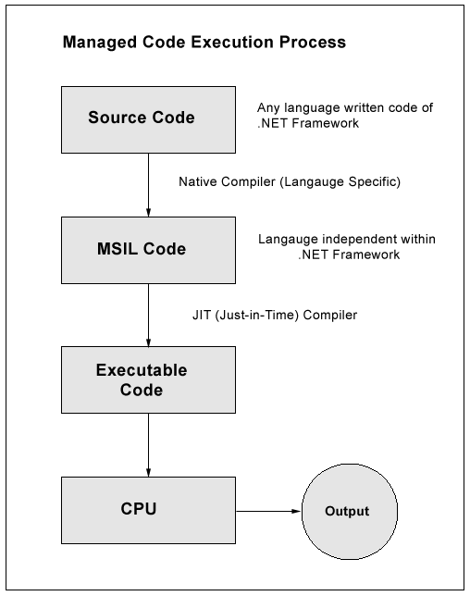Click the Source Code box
tap(142, 118)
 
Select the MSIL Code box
tap(142, 249)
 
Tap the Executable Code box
tap(142, 379)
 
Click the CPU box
tap(142, 510)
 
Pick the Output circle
tap(346, 510)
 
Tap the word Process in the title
tap(315, 43)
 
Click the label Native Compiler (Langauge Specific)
tap(289, 182)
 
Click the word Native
tap(198, 182)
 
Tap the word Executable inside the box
tap(142, 370)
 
